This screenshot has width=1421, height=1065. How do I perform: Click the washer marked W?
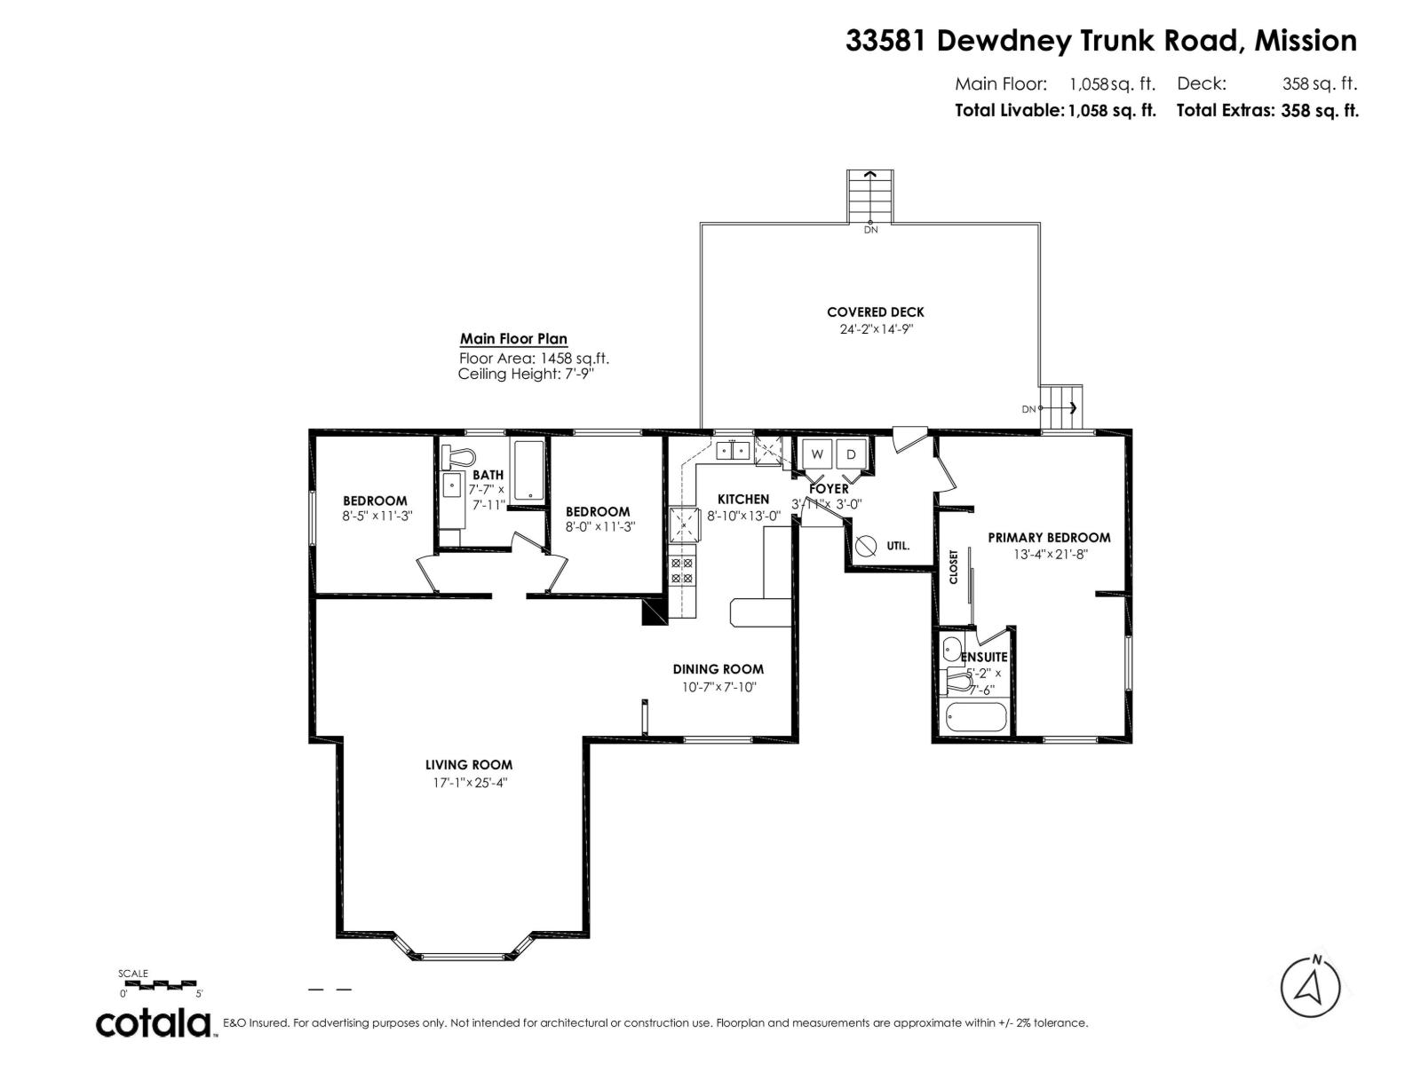818,454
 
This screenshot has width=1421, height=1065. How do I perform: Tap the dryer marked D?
851,454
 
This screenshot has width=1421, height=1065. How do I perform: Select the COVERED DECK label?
875,312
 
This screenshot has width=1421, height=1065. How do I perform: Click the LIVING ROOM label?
468,765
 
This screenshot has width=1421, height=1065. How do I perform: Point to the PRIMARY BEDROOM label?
1049,538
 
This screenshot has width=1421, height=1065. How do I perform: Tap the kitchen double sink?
734,451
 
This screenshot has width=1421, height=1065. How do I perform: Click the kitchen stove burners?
682,571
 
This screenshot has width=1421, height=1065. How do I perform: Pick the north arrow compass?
1310,1012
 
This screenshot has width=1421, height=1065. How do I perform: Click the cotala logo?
153,1023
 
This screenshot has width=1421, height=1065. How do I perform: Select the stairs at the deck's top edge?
870,197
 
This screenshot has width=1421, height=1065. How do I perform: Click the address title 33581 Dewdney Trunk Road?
1100,41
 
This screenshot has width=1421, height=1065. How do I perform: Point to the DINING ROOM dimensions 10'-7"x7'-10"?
718,687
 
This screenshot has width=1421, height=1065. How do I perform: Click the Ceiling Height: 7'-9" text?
526,375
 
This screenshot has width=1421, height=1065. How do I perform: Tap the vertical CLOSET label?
954,567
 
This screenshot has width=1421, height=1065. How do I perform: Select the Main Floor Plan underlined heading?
513,339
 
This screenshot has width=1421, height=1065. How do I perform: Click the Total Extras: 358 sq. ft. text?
1267,111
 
